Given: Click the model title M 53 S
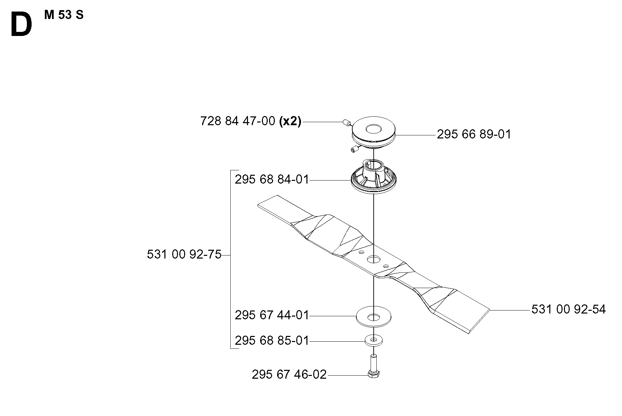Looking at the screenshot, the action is pyautogui.click(x=64, y=15).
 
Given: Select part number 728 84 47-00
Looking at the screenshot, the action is pyautogui.click(x=238, y=121).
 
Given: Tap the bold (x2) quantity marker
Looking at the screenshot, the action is pyautogui.click(x=290, y=121).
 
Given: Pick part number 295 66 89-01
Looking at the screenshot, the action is pyautogui.click(x=474, y=134).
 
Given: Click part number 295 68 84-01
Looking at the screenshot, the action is pyautogui.click(x=272, y=179).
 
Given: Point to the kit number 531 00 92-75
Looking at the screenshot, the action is pyautogui.click(x=184, y=254).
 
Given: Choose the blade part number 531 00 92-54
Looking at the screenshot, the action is pyautogui.click(x=569, y=309).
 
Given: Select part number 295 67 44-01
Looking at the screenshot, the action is pyautogui.click(x=272, y=315).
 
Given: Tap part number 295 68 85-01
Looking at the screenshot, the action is pyautogui.click(x=272, y=340).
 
